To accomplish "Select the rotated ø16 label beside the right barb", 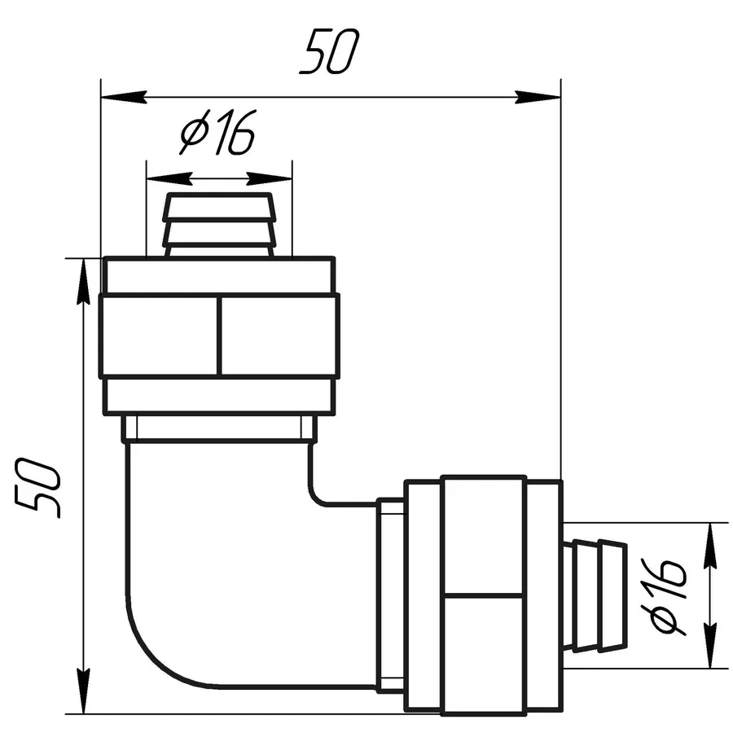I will [x=669, y=595].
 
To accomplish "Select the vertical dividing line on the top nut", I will [x=219, y=336].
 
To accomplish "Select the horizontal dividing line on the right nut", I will [x=484, y=594].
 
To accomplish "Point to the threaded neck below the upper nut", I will [x=218, y=428].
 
